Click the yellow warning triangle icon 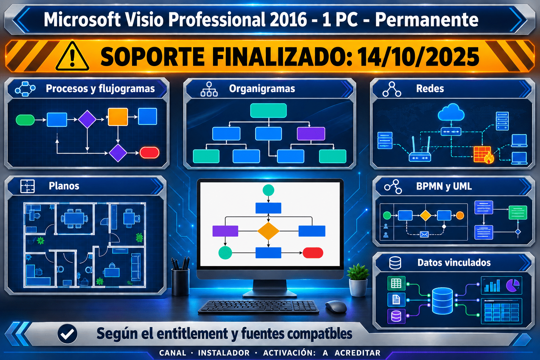(x=72, y=56)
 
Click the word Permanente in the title (x=427, y=20)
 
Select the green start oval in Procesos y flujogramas (x=25, y=120)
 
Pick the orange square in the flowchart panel (x=118, y=117)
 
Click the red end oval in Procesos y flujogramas (x=149, y=153)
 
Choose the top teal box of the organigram (x=268, y=111)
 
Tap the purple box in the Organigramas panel (x=311, y=134)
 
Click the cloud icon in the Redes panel (x=451, y=112)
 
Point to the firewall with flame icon (x=483, y=155)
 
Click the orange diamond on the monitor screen (x=268, y=231)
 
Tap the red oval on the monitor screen (x=313, y=253)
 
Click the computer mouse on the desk (x=336, y=307)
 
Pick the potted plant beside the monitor (x=358, y=280)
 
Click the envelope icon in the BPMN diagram (x=424, y=234)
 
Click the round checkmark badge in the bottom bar (x=67, y=334)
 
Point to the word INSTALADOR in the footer (x=224, y=353)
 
